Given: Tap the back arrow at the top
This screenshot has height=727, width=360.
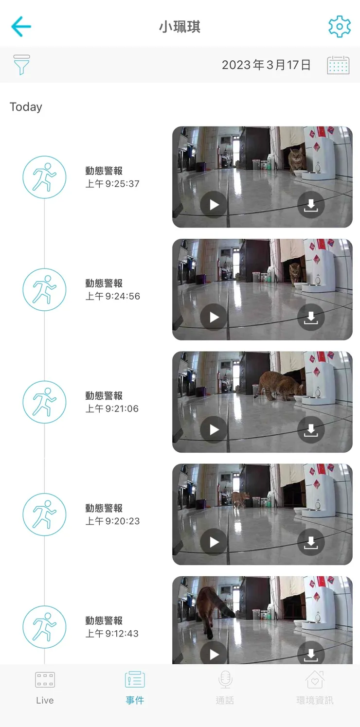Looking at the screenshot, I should pyautogui.click(x=21, y=26).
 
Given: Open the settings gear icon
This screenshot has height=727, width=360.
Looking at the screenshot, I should pyautogui.click(x=339, y=26).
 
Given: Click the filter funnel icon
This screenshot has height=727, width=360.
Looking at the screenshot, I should pyautogui.click(x=21, y=65).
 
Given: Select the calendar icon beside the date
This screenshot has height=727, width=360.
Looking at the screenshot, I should pyautogui.click(x=338, y=65).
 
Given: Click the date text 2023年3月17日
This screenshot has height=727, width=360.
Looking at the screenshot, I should pyautogui.click(x=266, y=65).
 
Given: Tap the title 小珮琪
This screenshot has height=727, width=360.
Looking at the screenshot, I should pyautogui.click(x=180, y=27).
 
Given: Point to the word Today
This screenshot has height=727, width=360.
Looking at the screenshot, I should pyautogui.click(x=26, y=107).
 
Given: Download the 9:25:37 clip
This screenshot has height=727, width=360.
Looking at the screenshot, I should pyautogui.click(x=310, y=205).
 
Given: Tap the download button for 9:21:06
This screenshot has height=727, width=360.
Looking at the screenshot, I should pyautogui.click(x=310, y=430).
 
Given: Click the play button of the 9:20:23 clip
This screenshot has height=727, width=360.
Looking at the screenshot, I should pyautogui.click(x=214, y=542).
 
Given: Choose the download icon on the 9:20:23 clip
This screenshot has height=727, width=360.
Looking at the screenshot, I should pyautogui.click(x=310, y=542).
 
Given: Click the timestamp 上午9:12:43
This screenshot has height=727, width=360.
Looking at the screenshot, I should pyautogui.click(x=112, y=634).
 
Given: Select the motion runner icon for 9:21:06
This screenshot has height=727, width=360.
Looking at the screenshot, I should pyautogui.click(x=44, y=402).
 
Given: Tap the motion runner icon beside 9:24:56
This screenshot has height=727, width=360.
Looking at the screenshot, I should pyautogui.click(x=44, y=289).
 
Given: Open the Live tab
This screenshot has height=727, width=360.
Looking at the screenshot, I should pyautogui.click(x=45, y=688).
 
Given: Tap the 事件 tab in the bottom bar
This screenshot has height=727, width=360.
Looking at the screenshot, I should pyautogui.click(x=135, y=688).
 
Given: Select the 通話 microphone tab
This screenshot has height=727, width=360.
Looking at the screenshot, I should pyautogui.click(x=225, y=688).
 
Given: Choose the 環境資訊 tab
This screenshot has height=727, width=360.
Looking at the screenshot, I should pyautogui.click(x=315, y=688).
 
